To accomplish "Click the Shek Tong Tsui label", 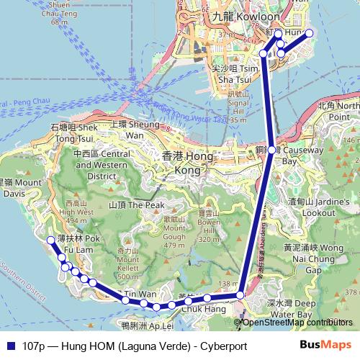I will [x=73, y=132].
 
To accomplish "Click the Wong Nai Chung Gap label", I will [x=310, y=257].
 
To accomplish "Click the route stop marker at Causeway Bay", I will [x=271, y=150].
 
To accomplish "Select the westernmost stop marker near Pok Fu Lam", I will [x=50, y=240].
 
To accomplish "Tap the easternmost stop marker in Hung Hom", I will [x=310, y=33].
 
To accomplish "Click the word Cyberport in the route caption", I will [x=222, y=346].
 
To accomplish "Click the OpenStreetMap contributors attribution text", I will [x=297, y=322].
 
